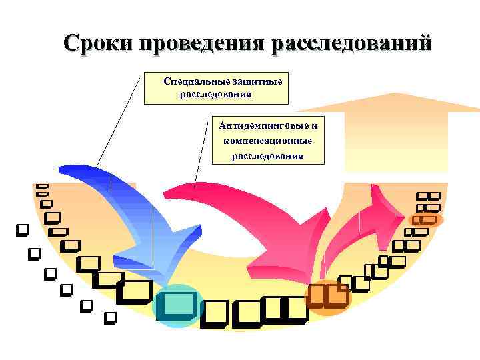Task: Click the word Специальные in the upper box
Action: tap(193, 81)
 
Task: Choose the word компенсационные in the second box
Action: tap(268, 141)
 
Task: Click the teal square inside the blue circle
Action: tap(177, 305)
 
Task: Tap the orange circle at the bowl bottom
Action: tap(327, 296)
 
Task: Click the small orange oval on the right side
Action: tap(424, 219)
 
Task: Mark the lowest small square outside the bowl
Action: tap(111, 317)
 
